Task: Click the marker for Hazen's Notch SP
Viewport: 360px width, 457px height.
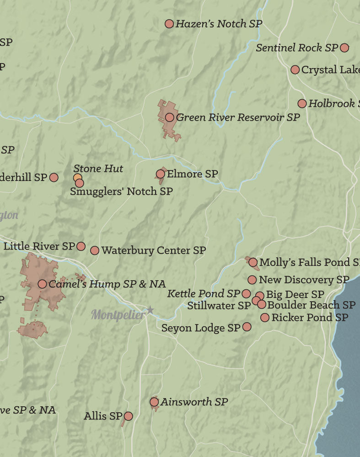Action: (169, 24)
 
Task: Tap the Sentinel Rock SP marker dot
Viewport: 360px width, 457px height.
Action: (344, 48)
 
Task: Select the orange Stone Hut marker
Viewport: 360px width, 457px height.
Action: (78, 177)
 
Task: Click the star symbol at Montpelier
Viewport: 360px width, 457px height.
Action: (150, 310)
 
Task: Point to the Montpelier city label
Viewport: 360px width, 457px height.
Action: (118, 314)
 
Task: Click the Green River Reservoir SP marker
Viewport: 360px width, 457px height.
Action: (169, 117)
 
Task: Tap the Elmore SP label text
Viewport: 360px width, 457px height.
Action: (192, 174)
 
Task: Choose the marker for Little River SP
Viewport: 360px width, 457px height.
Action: (81, 246)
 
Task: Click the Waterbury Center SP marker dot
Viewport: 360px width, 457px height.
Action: (95, 250)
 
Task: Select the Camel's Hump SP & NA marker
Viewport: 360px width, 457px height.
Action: (42, 284)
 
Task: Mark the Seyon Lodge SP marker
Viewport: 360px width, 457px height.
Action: (247, 327)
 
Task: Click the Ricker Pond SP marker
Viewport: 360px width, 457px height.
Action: (264, 317)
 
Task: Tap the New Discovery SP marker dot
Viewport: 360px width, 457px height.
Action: (252, 280)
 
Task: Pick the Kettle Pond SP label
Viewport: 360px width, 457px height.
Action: (203, 293)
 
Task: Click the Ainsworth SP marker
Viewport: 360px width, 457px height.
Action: (154, 402)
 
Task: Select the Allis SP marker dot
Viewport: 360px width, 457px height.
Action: (129, 416)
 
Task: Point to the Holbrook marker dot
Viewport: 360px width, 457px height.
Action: (302, 104)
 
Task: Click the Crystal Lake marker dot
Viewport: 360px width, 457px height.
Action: (295, 69)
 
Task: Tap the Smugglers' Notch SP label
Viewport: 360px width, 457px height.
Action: (121, 191)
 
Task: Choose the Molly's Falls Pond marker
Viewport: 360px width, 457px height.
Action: (253, 262)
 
